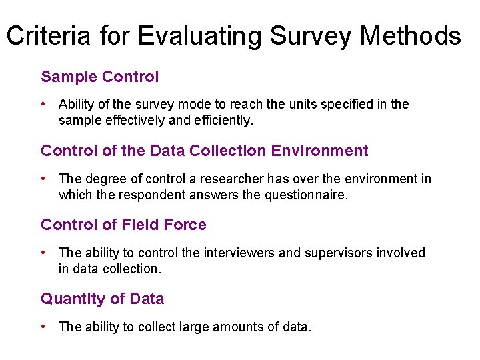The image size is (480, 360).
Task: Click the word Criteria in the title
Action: (48, 35)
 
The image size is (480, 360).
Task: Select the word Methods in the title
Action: (411, 35)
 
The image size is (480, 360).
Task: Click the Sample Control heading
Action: (100, 77)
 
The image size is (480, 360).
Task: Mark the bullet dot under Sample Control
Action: (44, 104)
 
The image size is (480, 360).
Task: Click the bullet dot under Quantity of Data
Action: (44, 327)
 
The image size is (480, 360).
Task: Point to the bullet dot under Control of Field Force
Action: (44, 253)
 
